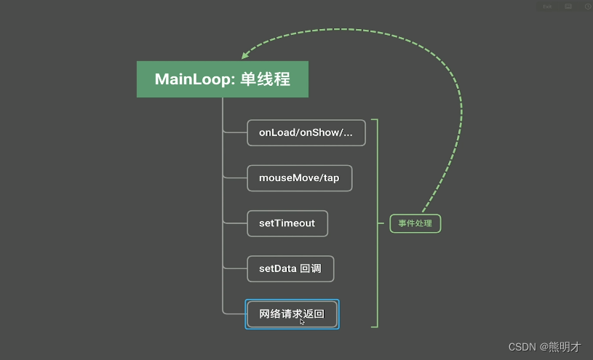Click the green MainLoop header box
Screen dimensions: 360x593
[x=222, y=79]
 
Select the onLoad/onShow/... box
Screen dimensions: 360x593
[x=306, y=133]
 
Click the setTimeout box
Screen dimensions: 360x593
[x=287, y=223]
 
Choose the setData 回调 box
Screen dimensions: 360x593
[x=290, y=268]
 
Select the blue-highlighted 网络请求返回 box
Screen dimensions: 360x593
[x=292, y=314]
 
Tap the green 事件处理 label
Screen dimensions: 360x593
[x=415, y=223]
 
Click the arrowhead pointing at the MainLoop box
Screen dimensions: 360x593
[x=245, y=57]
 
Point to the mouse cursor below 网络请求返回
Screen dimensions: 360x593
[x=302, y=321]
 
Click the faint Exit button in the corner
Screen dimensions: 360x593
[x=547, y=7]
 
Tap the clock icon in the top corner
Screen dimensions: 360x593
[x=587, y=7]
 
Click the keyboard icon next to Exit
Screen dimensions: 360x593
[x=568, y=7]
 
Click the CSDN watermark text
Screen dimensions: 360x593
[x=522, y=347]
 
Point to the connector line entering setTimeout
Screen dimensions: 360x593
[x=235, y=223]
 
